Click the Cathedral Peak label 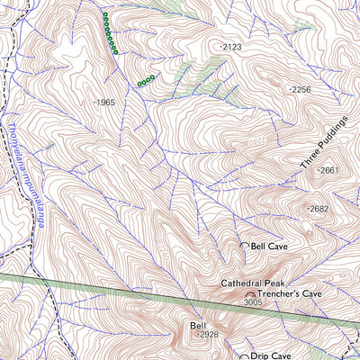tap(253, 283)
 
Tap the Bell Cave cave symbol tap(244, 245)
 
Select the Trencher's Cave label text tap(289, 294)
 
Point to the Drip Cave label tap(272, 355)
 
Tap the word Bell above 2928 tap(199, 325)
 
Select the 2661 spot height tap(329, 170)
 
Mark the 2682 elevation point tap(319, 209)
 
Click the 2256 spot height tap(301, 90)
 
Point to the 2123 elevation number tap(232, 46)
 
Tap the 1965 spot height tap(105, 103)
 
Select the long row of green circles tap(109, 34)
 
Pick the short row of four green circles tap(146, 81)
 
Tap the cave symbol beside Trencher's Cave tap(250, 294)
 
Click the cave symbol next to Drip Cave tap(244, 355)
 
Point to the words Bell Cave tap(269, 245)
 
